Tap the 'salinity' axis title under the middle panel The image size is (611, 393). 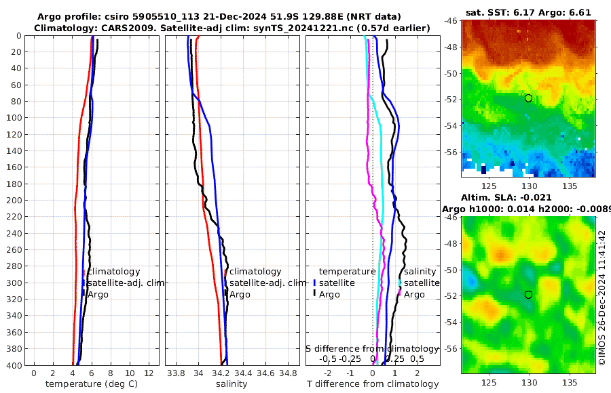pos(232,384)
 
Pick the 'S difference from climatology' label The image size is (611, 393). pos(372,348)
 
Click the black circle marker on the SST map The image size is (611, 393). pos(528,98)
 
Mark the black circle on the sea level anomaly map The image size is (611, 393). pos(528,295)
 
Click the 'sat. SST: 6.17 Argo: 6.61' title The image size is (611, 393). pos(529,12)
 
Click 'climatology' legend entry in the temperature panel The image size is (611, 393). pos(113,272)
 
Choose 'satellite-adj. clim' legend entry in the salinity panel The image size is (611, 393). pos(267,283)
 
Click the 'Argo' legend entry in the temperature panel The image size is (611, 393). pos(98,295)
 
